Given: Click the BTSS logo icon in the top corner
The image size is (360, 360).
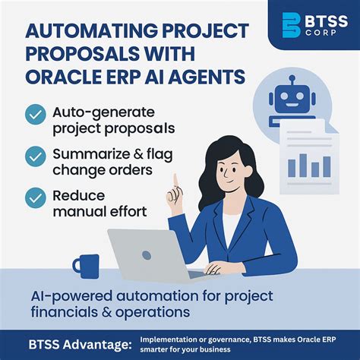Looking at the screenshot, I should [292, 25].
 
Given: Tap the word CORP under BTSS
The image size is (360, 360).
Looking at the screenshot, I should [328, 35].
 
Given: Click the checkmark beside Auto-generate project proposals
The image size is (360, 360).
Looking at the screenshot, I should [35, 115].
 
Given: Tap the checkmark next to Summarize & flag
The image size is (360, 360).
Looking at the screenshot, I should [35, 157].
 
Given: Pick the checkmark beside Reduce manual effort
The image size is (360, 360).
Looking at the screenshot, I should [35, 197].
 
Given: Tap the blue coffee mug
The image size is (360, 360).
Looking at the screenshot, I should [85, 265].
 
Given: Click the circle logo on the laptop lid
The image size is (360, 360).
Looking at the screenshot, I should [147, 255].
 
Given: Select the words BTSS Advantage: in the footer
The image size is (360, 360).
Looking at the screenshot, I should [74, 343].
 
